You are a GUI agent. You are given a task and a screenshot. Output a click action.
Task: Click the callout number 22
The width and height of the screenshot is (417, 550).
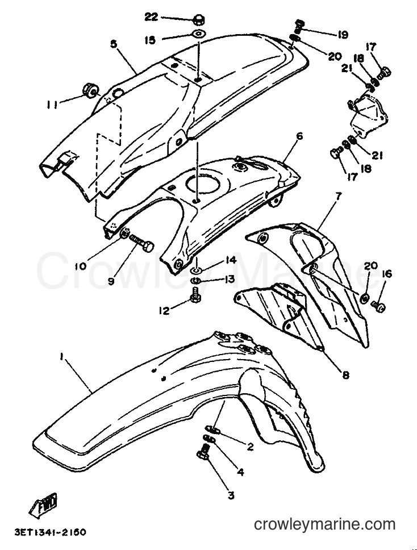coord(152,17)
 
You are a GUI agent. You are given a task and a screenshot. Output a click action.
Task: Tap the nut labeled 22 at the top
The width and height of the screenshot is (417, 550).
coord(199,20)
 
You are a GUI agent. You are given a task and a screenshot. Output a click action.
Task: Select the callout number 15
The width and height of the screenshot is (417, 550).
coord(150,40)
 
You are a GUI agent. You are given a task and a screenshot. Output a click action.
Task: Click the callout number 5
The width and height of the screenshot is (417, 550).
coord(113,44)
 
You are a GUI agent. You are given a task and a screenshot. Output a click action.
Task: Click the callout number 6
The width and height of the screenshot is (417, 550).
coord(299,136)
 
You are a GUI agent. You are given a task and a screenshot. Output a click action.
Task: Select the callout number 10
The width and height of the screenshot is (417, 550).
coord(80,266)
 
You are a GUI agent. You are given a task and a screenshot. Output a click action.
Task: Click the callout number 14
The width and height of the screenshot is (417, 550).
coord(231,261)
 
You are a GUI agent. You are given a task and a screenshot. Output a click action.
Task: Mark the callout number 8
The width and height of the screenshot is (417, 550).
coord(345,375)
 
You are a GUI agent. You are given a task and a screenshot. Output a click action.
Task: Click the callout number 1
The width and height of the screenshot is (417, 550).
coord(62,357)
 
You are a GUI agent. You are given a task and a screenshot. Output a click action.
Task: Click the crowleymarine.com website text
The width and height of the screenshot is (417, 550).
coord(324,525)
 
